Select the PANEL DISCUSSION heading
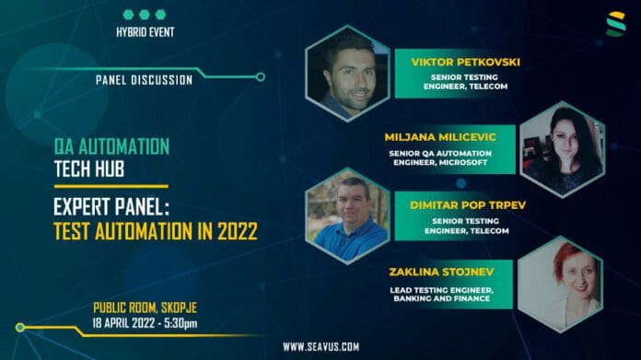coord(145,80)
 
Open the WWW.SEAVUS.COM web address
coord(320,347)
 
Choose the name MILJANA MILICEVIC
coord(440,136)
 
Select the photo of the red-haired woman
coord(560,285)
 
